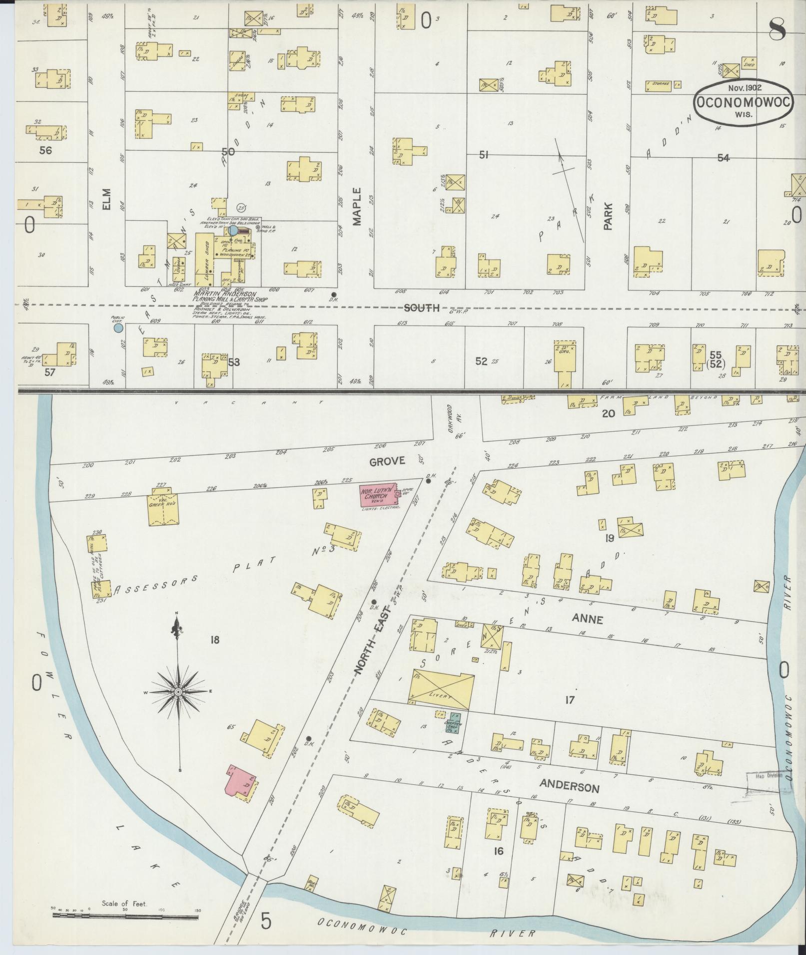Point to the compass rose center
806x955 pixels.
pyautogui.click(x=178, y=691)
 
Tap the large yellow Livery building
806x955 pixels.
pyautogui.click(x=441, y=690)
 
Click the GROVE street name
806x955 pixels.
pyautogui.click(x=387, y=461)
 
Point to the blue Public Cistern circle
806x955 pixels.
pyautogui.click(x=118, y=328)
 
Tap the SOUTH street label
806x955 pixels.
pyautogui.click(x=421, y=308)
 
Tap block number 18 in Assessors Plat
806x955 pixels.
pyautogui.click(x=215, y=639)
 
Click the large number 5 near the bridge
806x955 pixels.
pyautogui.click(x=265, y=921)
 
